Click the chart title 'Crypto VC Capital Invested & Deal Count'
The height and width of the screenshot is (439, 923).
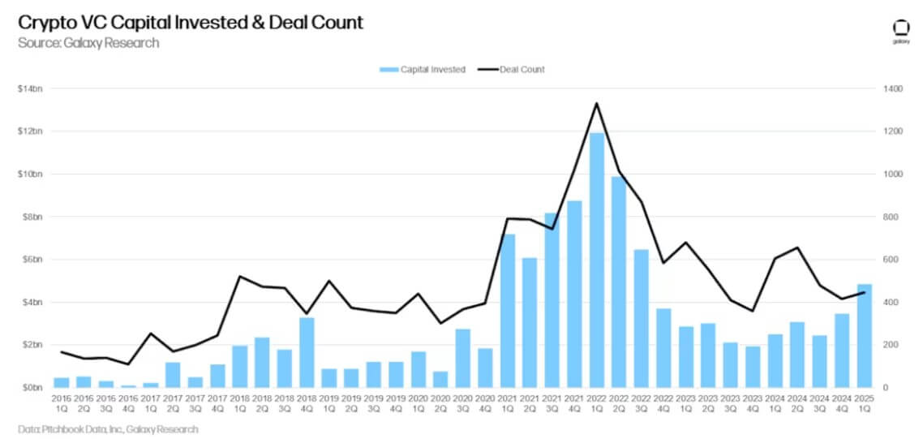[x=191, y=22]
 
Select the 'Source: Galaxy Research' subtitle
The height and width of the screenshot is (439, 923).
[x=88, y=42]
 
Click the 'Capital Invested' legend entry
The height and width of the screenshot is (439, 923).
[x=423, y=70]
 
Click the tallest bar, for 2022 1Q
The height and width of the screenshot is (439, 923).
[x=597, y=260]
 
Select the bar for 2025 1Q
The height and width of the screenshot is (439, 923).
[x=864, y=336]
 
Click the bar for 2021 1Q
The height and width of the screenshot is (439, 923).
[x=509, y=311]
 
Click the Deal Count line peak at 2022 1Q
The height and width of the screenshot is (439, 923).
[x=597, y=103]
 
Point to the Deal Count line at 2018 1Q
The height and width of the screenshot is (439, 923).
[x=240, y=277]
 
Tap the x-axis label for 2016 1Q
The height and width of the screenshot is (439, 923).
[x=62, y=403]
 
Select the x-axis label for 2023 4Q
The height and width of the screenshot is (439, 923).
[x=753, y=403]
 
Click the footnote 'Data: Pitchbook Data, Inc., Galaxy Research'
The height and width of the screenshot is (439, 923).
[x=108, y=428]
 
